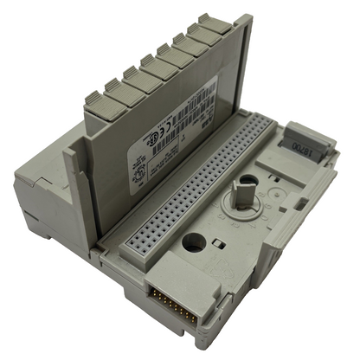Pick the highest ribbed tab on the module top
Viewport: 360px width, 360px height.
coord(215,23)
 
